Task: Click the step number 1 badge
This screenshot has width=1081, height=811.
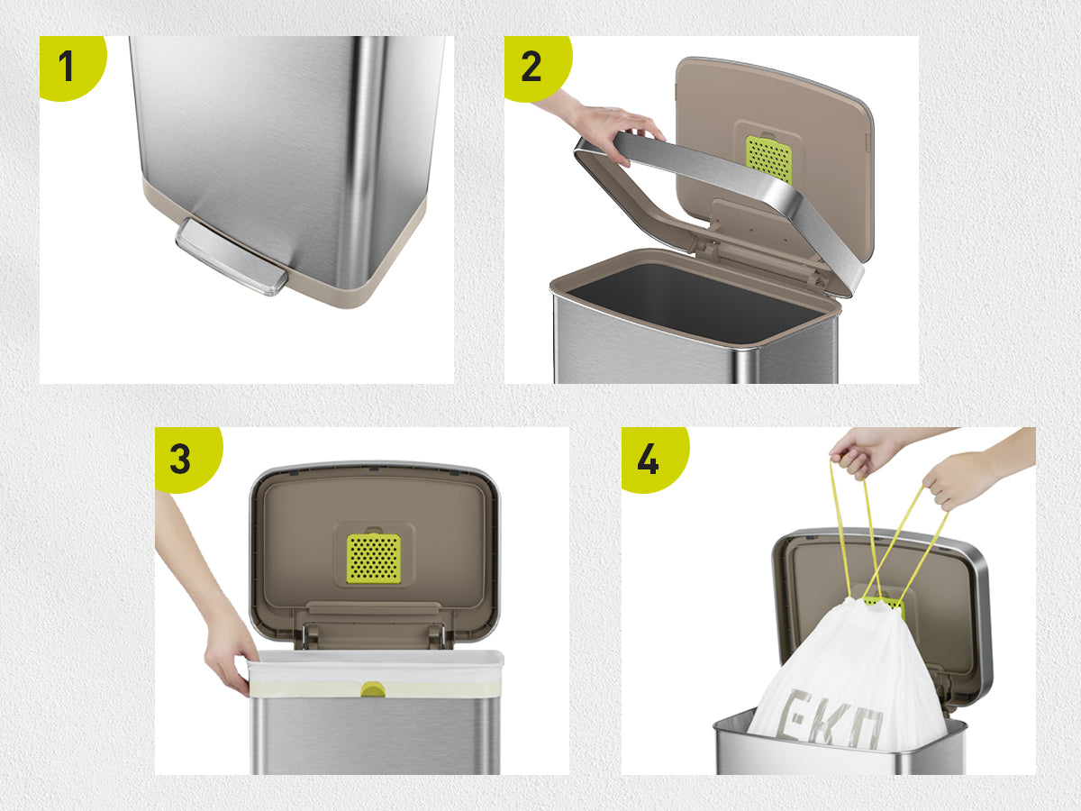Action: coord(71,67)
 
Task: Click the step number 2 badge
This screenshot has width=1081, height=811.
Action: coord(536,67)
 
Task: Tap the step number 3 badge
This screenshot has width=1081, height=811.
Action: coord(186,459)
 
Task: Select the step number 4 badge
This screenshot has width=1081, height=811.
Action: coord(653,459)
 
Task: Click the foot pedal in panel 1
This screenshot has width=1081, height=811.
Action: coord(232,257)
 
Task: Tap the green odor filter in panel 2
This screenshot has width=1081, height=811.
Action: coord(768,159)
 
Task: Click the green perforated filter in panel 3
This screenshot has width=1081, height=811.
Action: coord(373,559)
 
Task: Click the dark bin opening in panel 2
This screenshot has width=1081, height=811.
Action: coord(695,302)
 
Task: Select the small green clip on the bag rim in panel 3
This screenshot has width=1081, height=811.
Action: coord(373,688)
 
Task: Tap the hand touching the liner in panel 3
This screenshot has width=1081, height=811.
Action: coord(228,659)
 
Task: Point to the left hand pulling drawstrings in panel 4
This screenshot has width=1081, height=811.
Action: coord(864,452)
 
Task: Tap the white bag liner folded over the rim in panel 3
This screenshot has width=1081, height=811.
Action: coord(376,673)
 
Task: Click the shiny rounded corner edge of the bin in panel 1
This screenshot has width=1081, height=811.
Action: coord(366,162)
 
